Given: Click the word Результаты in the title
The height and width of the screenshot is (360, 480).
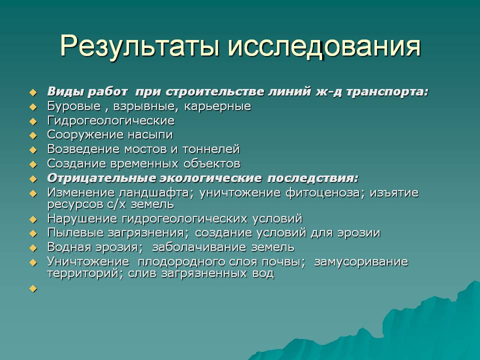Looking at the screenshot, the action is click(x=139, y=46).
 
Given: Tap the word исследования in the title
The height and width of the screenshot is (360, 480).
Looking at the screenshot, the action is click(x=324, y=46).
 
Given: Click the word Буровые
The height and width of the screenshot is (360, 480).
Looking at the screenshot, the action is click(x=74, y=106).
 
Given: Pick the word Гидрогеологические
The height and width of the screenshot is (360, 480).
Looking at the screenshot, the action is click(x=111, y=120).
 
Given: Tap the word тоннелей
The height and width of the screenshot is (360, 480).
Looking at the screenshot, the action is click(x=211, y=149).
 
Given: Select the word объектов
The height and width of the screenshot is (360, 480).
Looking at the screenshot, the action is click(x=212, y=164).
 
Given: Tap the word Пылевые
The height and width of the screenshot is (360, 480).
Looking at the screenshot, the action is click(x=75, y=233).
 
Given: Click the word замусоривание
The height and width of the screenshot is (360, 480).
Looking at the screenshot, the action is click(x=361, y=262).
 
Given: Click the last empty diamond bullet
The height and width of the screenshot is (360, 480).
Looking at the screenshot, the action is click(x=33, y=288).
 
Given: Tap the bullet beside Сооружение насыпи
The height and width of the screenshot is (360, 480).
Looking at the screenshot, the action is click(x=33, y=135).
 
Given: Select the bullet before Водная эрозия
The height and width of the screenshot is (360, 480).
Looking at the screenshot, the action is click(x=33, y=248).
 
